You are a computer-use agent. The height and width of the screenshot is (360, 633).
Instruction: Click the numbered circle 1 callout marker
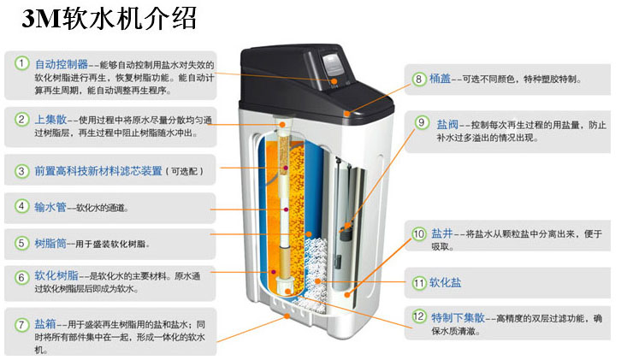point(21,63)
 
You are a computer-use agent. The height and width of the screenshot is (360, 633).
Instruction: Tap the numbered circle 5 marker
point(21,243)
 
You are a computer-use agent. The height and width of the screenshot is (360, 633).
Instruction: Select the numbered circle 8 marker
point(419,79)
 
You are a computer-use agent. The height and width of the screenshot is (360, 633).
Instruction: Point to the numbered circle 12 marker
point(419,317)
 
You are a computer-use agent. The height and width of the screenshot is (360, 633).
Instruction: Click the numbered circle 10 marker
point(419,233)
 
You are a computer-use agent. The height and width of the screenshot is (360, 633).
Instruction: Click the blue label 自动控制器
point(62,63)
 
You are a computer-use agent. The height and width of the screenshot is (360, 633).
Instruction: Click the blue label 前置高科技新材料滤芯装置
point(98,171)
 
